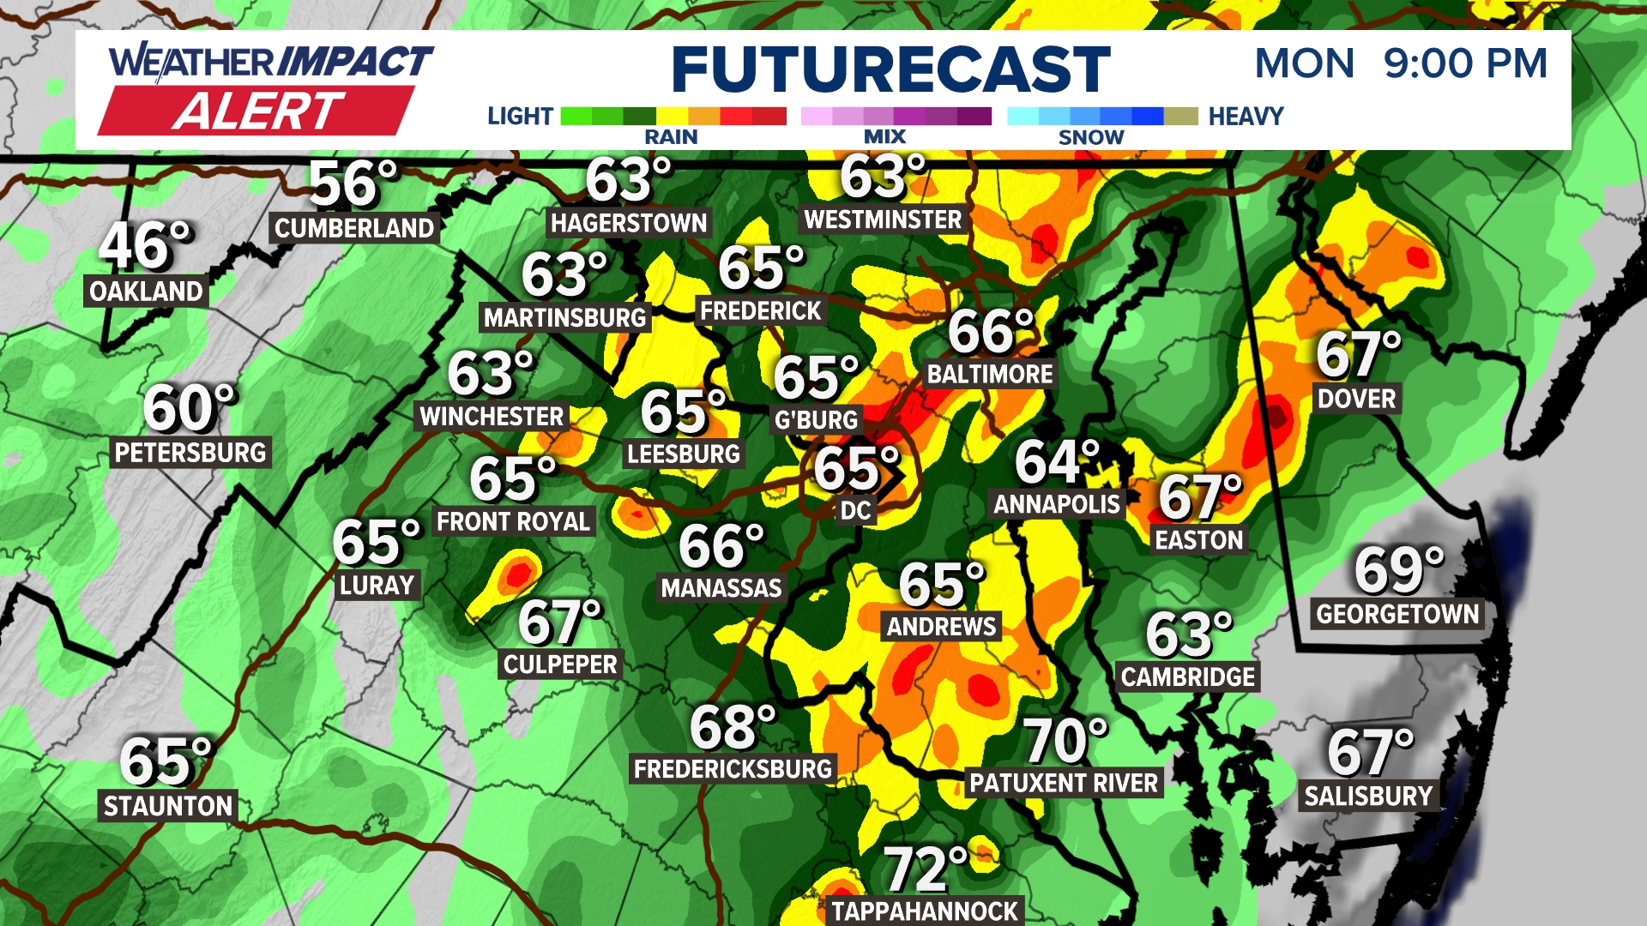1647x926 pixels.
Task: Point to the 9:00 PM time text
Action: tap(1465, 63)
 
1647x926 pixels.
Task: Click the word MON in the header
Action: tap(1304, 63)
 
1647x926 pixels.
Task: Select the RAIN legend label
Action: tap(671, 137)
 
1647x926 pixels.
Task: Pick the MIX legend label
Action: tap(884, 137)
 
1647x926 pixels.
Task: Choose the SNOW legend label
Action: tap(1090, 137)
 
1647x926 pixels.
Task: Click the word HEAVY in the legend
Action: tap(1246, 117)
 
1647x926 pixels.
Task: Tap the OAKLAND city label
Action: tap(146, 292)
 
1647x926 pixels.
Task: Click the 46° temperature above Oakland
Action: tap(144, 245)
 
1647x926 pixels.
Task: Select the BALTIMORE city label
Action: tap(990, 375)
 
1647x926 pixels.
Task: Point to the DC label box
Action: tap(855, 511)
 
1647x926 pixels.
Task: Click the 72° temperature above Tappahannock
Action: tap(925, 869)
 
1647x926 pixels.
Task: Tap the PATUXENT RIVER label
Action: tap(1064, 783)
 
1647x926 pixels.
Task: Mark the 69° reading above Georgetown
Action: tap(1398, 570)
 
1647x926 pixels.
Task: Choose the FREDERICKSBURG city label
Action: tap(733, 769)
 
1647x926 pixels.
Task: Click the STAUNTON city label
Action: tap(168, 806)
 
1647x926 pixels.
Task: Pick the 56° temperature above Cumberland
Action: tap(353, 184)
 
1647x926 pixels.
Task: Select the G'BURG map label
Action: tap(816, 420)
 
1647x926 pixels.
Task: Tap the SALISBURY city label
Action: tap(1368, 797)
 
